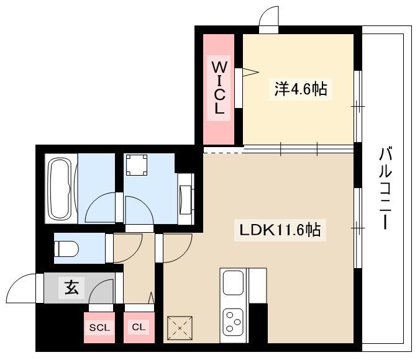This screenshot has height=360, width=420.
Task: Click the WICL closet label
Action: (x=219, y=88)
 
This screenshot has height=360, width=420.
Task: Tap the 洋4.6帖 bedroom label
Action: (x=301, y=89)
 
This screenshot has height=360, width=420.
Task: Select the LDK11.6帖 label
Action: (x=280, y=230)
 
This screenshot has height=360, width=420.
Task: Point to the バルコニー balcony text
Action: (x=385, y=188)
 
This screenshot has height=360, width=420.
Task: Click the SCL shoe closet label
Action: (x=99, y=328)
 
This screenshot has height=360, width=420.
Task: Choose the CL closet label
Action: (x=139, y=327)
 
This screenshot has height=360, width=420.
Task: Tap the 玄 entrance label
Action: (x=71, y=288)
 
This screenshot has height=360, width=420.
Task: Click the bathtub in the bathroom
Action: (x=60, y=189)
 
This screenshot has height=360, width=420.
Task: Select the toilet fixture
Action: (x=66, y=249)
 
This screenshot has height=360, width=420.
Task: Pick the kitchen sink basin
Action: (x=234, y=282)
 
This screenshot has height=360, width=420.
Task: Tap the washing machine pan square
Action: (x=137, y=165)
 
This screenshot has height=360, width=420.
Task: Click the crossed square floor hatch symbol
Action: (x=180, y=328)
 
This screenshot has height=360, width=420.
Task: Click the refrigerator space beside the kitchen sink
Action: (x=258, y=286)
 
